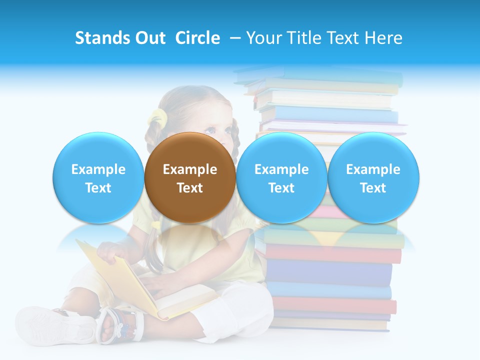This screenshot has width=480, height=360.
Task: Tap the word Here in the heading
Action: pos(383,38)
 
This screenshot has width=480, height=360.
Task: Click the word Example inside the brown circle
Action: pos(190,169)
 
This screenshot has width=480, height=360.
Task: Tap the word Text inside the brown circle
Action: pos(190,188)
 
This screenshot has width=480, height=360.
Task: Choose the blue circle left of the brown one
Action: pos(98,178)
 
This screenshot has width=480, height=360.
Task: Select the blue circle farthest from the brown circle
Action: pos(373,178)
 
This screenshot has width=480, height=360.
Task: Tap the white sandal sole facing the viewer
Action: pos(55,325)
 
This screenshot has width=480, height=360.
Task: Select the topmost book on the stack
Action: pos(320,75)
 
